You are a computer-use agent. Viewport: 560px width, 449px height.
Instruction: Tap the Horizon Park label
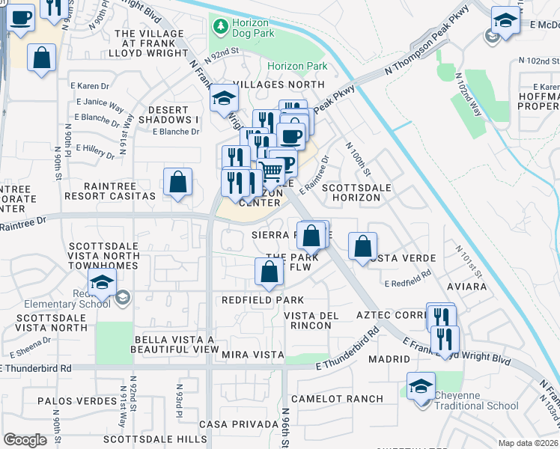(x=297, y=67)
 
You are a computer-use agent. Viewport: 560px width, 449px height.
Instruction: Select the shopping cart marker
(x=272, y=171)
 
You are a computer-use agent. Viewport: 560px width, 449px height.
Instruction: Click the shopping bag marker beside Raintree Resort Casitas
(x=178, y=182)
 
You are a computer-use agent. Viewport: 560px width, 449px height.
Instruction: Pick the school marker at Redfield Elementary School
(x=101, y=283)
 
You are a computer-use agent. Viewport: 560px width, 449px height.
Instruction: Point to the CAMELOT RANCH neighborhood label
(x=337, y=399)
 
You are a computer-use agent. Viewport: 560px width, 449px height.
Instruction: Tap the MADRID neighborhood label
(x=389, y=359)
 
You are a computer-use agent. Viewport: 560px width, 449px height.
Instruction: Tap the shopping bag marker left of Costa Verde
(x=362, y=245)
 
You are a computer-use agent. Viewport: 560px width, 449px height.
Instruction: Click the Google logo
(x=25, y=440)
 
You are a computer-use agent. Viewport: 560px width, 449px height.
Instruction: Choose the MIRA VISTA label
(x=252, y=354)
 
